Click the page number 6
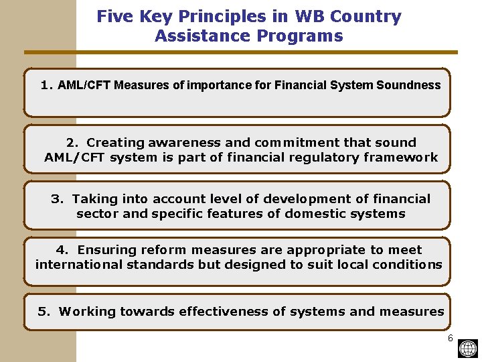pos(451,338)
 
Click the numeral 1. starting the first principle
pos(46,85)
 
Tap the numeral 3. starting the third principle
pos(57,198)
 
